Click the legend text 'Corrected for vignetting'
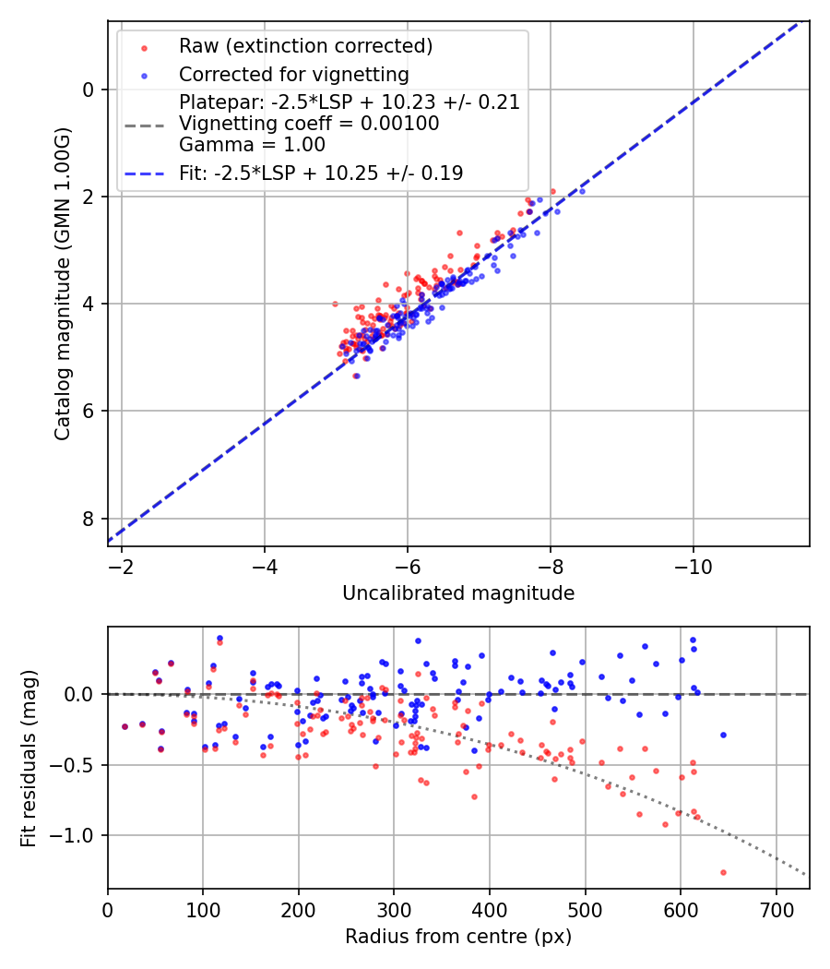pos(293,74)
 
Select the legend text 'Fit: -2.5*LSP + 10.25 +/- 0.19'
pos(321,173)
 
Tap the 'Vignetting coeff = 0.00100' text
pos(309,123)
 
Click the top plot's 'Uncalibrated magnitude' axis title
pos(458,593)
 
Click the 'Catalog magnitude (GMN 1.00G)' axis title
pos(63,303)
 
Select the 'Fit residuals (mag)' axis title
pos(29,758)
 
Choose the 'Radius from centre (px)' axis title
pos(458,937)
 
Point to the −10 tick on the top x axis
pos(694,566)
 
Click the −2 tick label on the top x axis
pos(122,566)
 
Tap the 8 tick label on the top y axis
pos(89,519)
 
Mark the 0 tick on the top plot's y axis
pos(89,90)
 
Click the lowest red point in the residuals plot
pos(723,872)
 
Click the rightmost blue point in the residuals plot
pos(723,735)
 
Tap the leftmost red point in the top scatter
pos(335,304)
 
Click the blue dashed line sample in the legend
pos(144,173)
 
